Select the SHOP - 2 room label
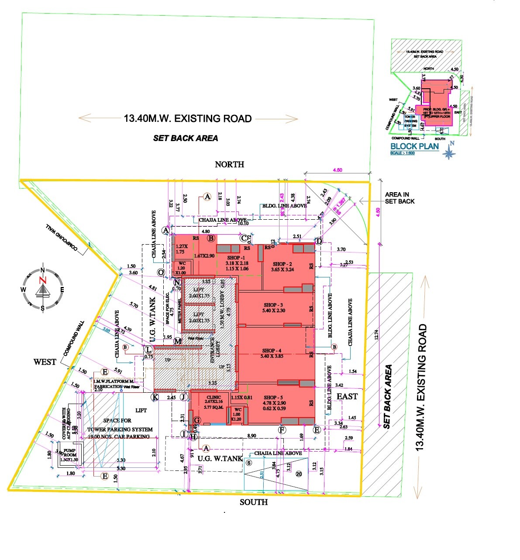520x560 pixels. [x=282, y=264]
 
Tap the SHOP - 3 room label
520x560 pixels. [x=273, y=305]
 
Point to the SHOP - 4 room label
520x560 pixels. [x=272, y=350]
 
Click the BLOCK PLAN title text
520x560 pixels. [x=414, y=146]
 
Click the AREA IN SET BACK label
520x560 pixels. [x=399, y=198]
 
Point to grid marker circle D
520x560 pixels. [x=319, y=241]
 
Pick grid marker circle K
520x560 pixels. [x=154, y=397]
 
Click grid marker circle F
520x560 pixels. [x=282, y=430]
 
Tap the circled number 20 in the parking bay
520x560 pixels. [x=299, y=474]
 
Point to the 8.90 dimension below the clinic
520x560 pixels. [x=251, y=436]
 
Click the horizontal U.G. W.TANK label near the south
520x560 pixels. [x=220, y=458]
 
